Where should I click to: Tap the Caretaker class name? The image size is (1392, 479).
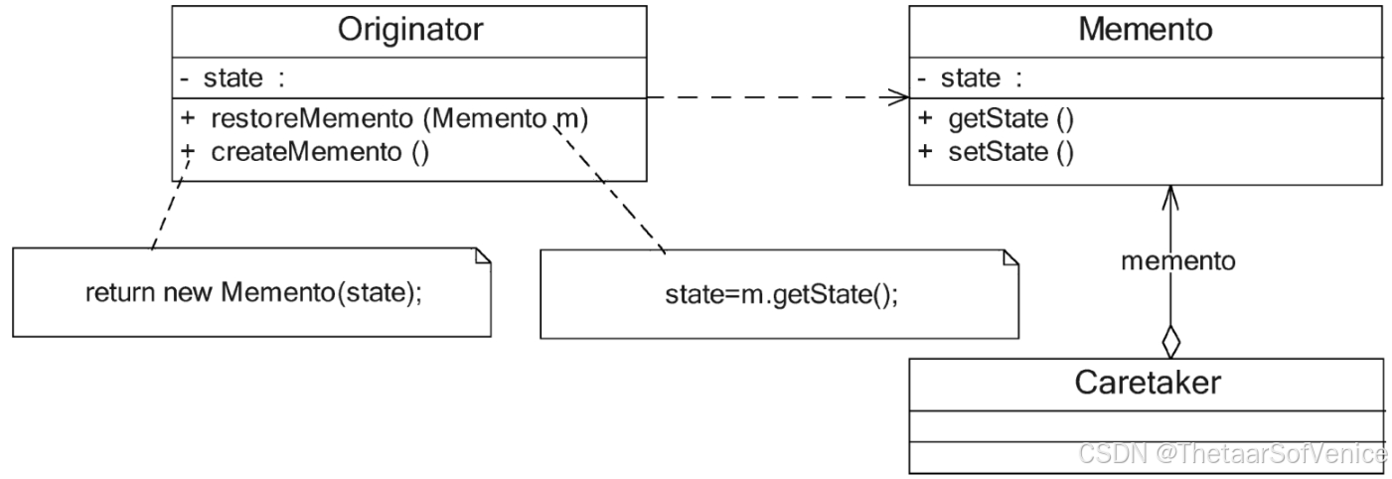[1147, 383]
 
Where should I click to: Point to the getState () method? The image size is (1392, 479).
[1010, 121]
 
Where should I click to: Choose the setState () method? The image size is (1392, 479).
[1009, 153]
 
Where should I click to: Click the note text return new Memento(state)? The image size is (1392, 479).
[253, 293]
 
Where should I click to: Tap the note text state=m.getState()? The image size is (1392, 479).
[780, 296]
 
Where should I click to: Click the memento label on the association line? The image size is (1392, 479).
[1178, 261]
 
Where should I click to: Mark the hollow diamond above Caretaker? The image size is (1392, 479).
[1171, 342]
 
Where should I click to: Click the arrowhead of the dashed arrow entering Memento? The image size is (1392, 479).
[899, 98]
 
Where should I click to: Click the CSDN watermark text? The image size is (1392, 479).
[1232, 454]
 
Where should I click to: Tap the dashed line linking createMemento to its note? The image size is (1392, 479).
[165, 215]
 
